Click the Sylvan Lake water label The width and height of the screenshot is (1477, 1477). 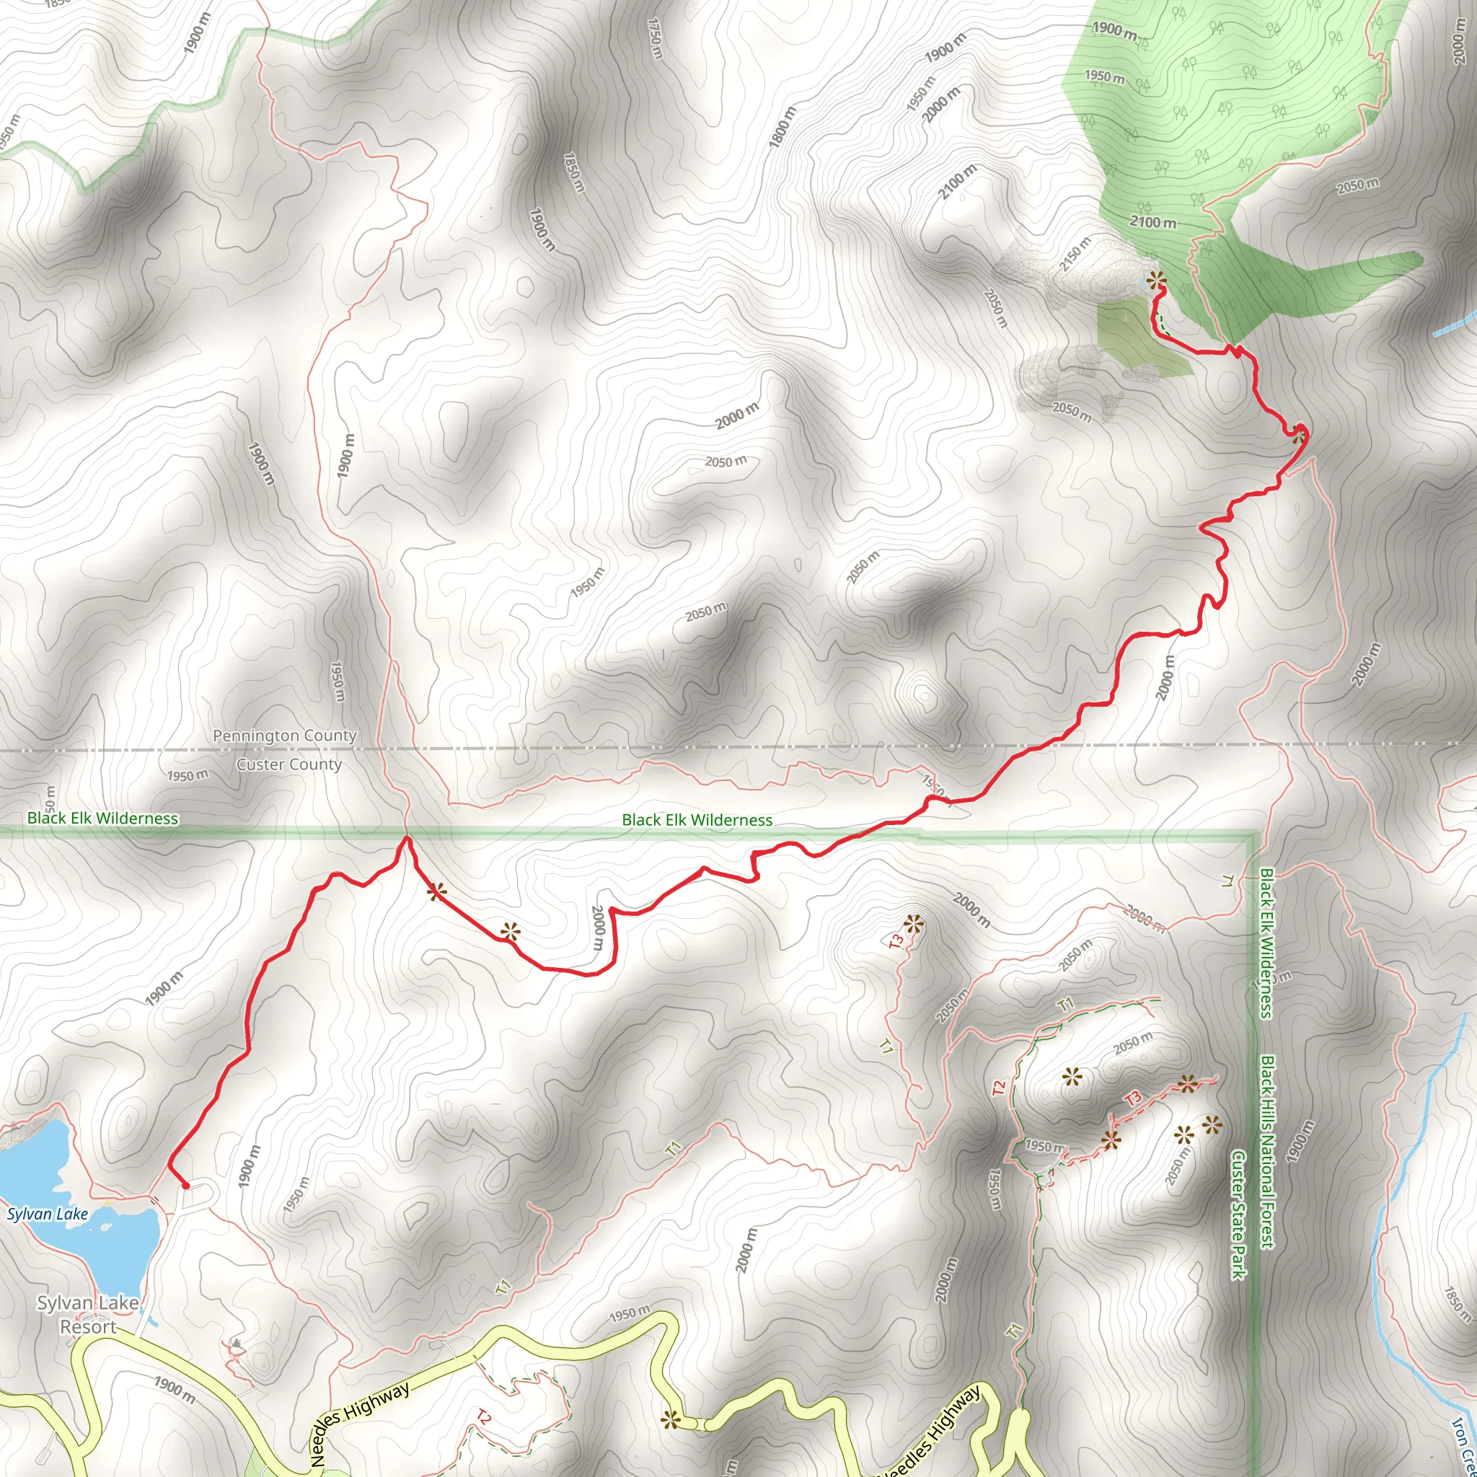pos(48,1214)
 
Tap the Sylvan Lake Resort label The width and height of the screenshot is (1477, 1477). pos(88,1315)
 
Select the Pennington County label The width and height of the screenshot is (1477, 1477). pos(284,736)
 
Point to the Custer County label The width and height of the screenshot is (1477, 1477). pos(289,764)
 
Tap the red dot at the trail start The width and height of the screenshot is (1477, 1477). pos(185,1186)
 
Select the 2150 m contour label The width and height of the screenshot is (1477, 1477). pos(1075,255)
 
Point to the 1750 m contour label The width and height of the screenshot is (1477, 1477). pos(655,39)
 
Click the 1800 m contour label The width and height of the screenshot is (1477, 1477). pos(782,128)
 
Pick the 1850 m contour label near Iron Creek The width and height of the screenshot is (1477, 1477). pos(1457,1304)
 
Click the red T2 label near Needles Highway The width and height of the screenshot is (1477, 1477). pos(483,1416)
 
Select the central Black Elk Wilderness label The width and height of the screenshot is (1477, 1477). pos(697,820)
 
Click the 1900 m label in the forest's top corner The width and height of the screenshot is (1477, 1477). pos(1114,30)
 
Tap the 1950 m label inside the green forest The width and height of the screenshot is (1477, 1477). pos(1104,77)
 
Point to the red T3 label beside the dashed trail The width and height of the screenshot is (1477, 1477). pos(1134,1098)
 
